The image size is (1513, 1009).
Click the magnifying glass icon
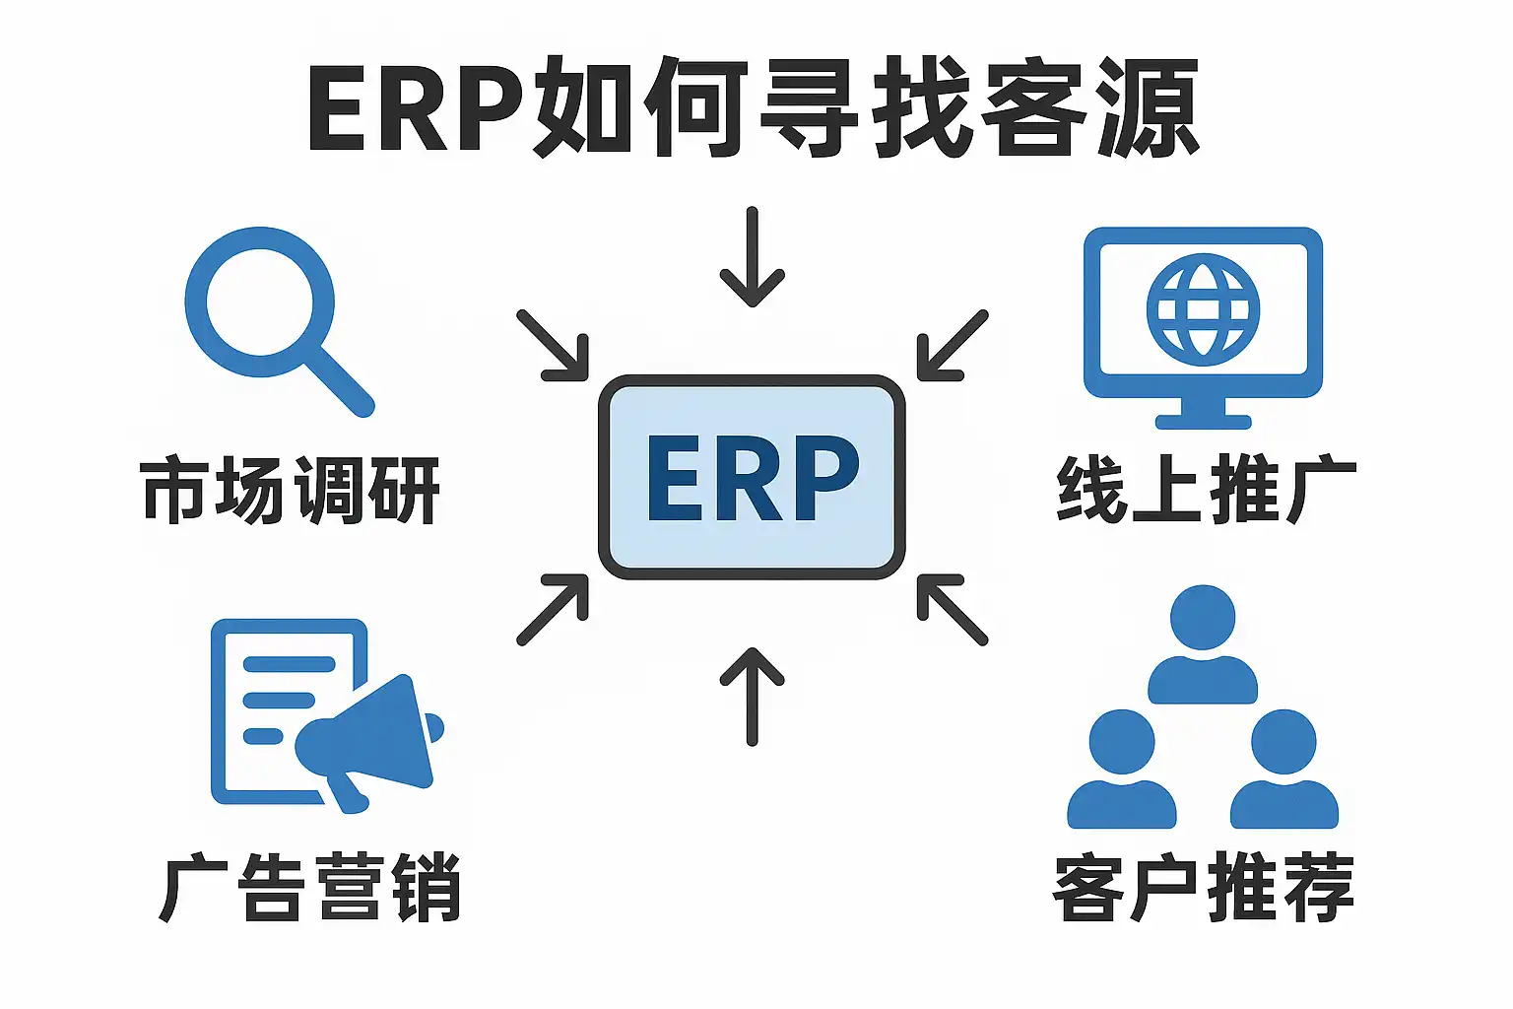pos(260,303)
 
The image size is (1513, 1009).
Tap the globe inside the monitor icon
pos(1203,309)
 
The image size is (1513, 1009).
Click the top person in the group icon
pos(1203,645)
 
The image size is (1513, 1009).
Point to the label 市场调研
pos(291,490)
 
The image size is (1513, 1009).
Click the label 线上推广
pos(1206,490)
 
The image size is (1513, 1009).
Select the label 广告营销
pos(309,887)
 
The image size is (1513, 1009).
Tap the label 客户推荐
pos(1204,887)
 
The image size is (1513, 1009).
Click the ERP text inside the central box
pos(753,478)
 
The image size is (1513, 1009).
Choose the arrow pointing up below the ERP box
pos(753,696)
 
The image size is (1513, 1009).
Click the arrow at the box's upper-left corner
pos(554,346)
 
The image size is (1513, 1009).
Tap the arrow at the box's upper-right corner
pos(952,346)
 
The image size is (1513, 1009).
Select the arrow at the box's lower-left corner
pos(554,610)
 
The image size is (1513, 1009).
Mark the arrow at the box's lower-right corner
pos(952,610)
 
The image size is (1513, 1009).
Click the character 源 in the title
pos(1149,108)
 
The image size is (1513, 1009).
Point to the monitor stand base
pos(1203,422)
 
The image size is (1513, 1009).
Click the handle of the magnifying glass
pos(340,382)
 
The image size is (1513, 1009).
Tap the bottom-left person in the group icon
pos(1122,774)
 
